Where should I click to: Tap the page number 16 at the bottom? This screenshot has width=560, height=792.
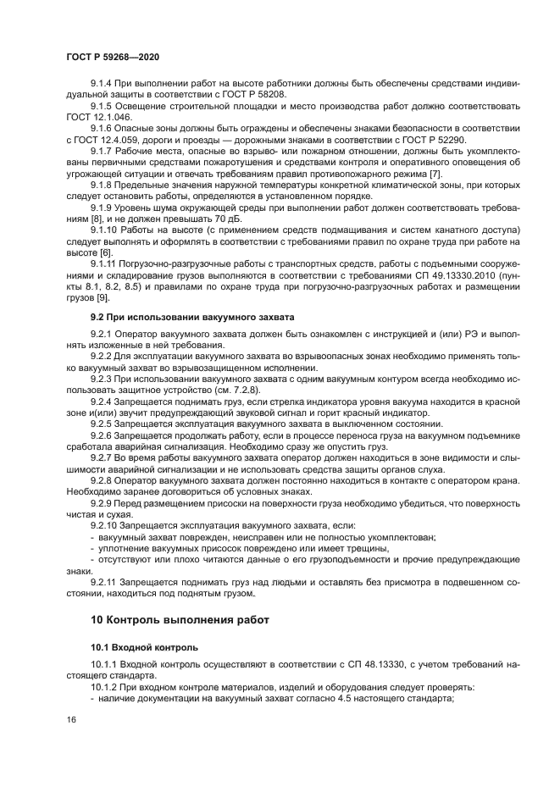click(70, 719)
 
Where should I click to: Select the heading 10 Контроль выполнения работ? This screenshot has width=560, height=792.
click(180, 619)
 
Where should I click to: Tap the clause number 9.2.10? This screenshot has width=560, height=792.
click(106, 525)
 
